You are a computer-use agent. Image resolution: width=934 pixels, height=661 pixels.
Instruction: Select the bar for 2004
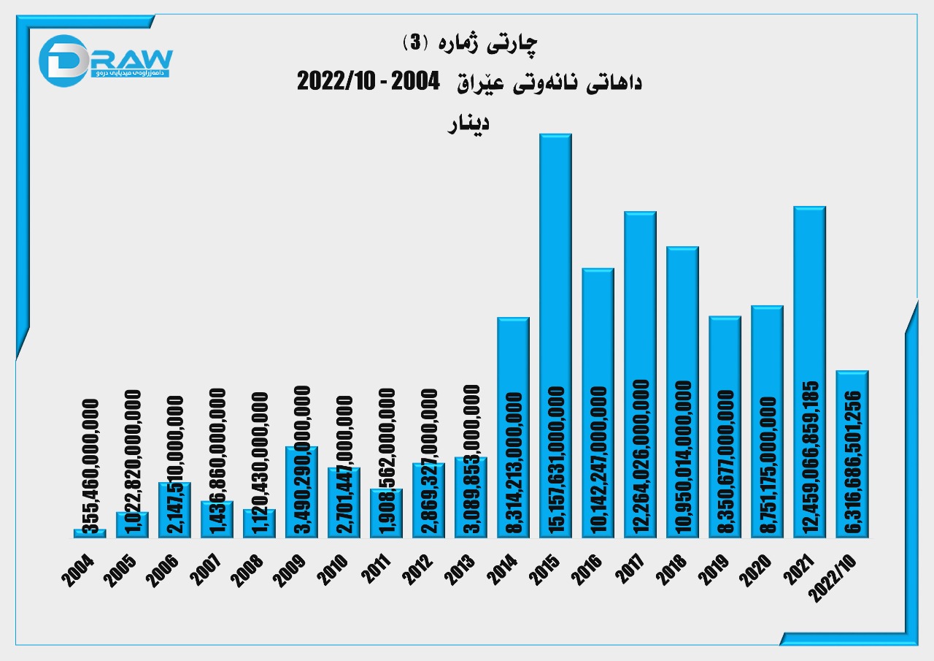point(90,534)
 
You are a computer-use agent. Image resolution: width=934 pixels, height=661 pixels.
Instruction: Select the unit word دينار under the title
point(468,122)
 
